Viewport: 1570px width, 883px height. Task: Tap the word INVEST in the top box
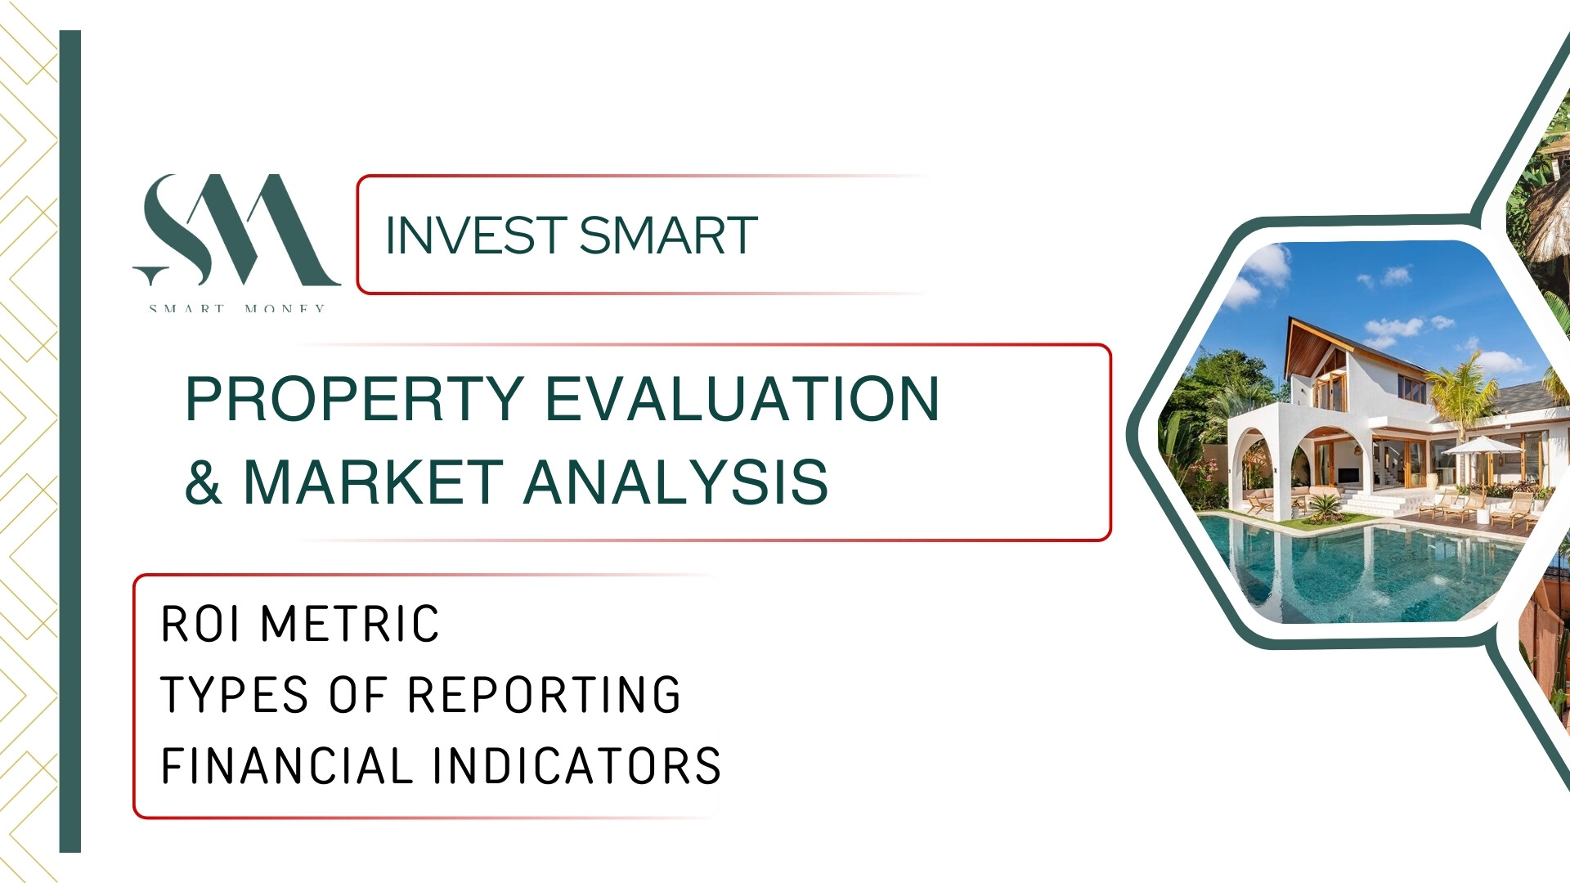(x=476, y=235)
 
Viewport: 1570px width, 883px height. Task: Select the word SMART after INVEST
(x=668, y=235)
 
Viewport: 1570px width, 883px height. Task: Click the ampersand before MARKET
(x=204, y=482)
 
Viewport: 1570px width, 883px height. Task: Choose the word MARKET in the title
(x=374, y=482)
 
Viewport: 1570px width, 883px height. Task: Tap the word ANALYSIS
(x=676, y=482)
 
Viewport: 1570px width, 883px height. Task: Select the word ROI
(x=200, y=625)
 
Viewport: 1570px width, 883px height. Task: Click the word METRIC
(x=350, y=625)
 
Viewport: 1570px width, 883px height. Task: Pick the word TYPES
(x=235, y=695)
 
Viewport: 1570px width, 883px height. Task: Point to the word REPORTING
(x=544, y=695)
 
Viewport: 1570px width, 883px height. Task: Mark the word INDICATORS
(x=576, y=766)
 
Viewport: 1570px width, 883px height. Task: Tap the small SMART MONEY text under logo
(x=237, y=308)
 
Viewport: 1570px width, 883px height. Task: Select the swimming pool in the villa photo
(x=1357, y=564)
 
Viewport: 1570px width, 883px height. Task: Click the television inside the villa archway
(x=1345, y=475)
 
